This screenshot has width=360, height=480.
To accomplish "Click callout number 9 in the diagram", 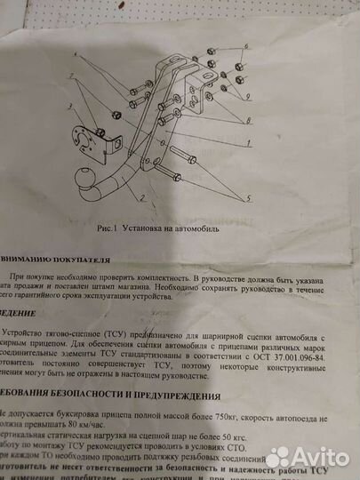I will tap(250, 96).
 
